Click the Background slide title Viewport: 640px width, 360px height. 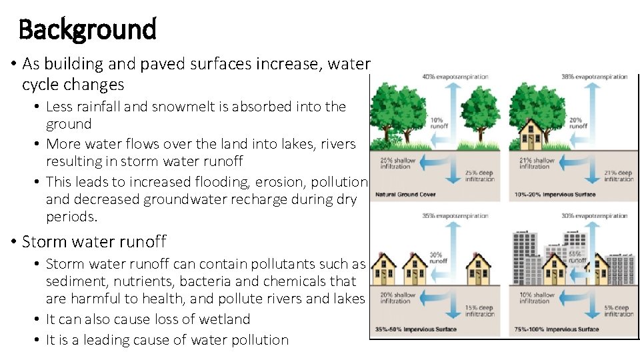[87, 29]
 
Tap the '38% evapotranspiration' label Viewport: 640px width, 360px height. [595, 77]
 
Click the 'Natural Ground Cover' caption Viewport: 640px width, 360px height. [405, 195]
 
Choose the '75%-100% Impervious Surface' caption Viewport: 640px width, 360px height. [557, 329]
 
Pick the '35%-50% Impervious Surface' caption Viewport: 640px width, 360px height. [417, 329]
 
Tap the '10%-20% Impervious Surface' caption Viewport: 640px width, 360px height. [555, 195]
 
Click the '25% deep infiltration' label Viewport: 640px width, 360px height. [479, 177]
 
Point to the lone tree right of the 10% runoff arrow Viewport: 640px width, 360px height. [479, 110]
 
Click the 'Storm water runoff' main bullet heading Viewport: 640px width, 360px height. [94, 241]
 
